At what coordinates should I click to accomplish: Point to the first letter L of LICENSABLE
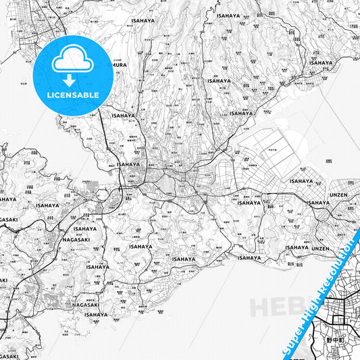pos(49,95)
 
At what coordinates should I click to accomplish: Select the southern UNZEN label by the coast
pos(321,248)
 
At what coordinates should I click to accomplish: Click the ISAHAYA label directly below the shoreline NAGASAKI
pos(96,314)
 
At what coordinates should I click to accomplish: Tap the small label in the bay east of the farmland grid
pos(329,162)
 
